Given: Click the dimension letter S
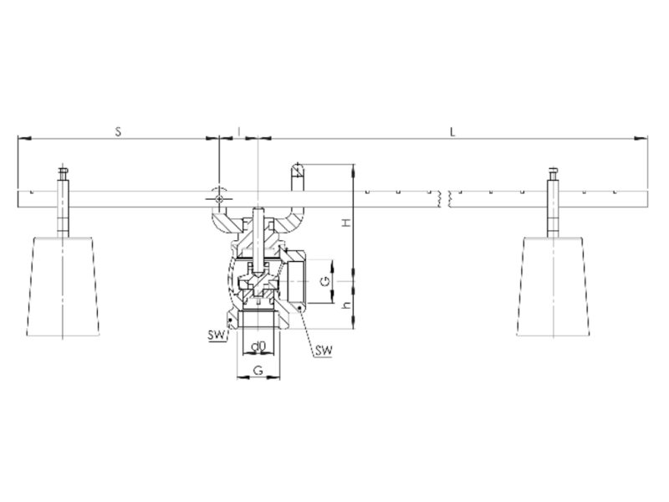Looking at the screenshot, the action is pyautogui.click(x=118, y=131).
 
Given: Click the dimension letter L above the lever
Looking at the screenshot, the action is pyautogui.click(x=452, y=131).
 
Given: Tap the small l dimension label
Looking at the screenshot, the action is pyautogui.click(x=239, y=131).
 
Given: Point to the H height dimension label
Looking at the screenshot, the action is pyautogui.click(x=347, y=222).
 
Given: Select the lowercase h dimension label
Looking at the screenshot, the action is pyautogui.click(x=347, y=305).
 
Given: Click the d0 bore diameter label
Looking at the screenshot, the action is pyautogui.click(x=258, y=346).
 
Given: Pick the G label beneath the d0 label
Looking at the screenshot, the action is pyautogui.click(x=258, y=371).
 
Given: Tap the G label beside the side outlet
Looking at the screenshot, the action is pyautogui.click(x=325, y=281).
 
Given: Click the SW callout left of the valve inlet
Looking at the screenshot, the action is pyautogui.click(x=217, y=336).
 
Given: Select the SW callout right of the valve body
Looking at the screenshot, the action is pyautogui.click(x=324, y=351).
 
